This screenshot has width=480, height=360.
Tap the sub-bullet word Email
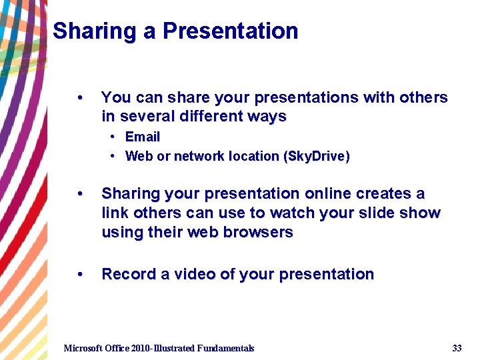click(x=143, y=137)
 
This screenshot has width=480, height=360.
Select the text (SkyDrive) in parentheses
click(x=317, y=156)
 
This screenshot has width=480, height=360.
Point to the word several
click(x=142, y=117)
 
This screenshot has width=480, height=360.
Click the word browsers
click(x=259, y=233)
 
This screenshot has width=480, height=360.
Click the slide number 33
click(x=457, y=348)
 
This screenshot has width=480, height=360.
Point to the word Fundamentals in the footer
click(x=225, y=348)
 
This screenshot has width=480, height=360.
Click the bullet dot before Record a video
click(x=80, y=275)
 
